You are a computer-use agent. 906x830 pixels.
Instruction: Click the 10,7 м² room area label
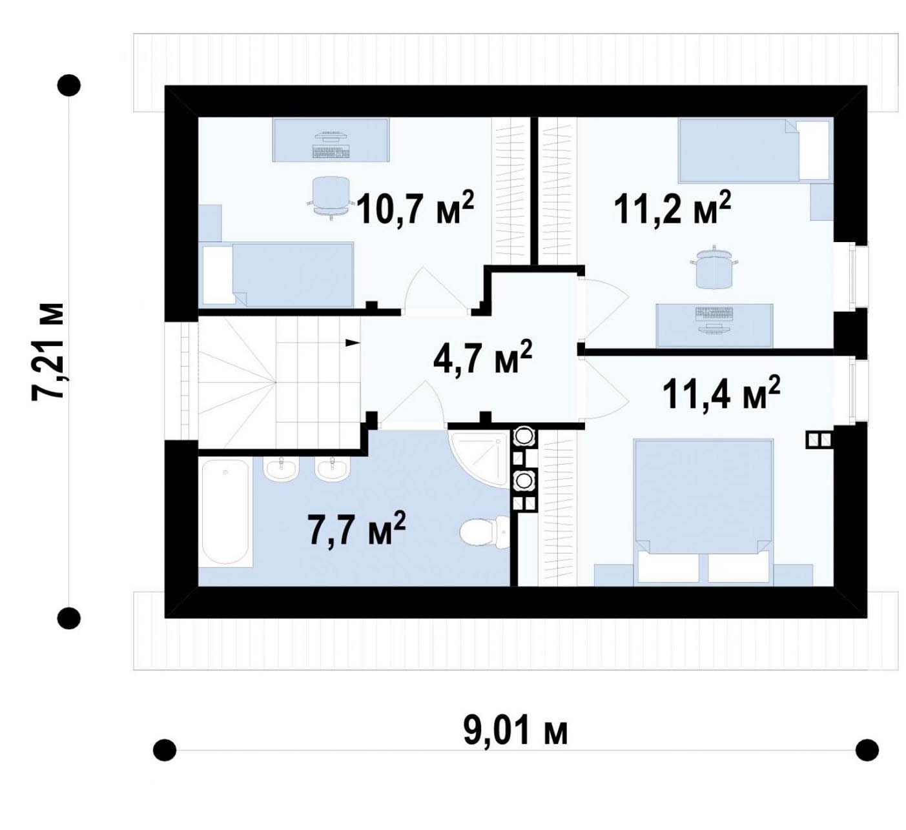(415, 208)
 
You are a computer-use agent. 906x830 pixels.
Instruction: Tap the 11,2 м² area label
(672, 208)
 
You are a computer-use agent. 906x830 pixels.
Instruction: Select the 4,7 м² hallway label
(483, 357)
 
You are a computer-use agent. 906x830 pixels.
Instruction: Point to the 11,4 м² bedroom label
(721, 393)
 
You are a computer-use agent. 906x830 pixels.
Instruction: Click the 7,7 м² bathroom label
(357, 529)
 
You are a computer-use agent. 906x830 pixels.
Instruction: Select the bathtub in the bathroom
(225, 512)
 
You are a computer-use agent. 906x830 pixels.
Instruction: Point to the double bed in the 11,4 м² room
(703, 512)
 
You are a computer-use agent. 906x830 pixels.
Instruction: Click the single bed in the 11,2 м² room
(754, 150)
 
